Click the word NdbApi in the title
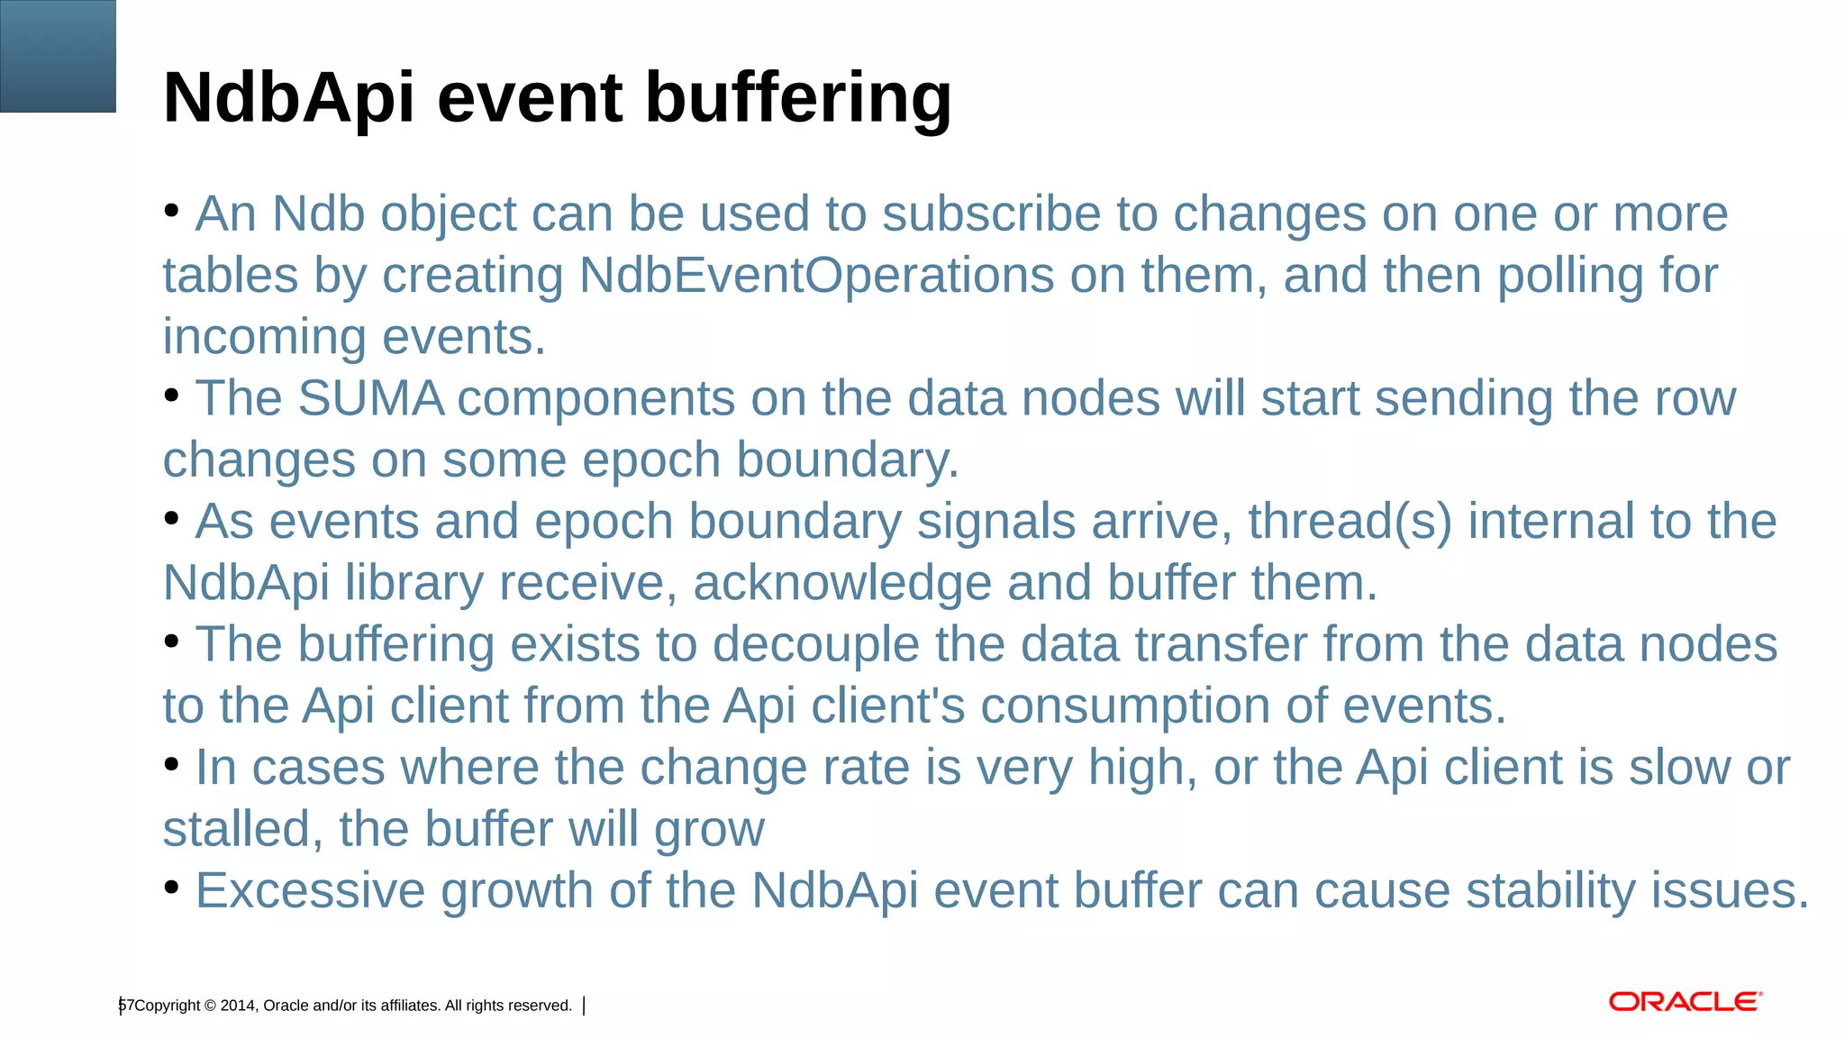click(x=288, y=97)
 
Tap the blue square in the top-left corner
click(x=58, y=56)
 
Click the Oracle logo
click(x=1685, y=1002)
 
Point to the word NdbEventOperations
click(x=816, y=275)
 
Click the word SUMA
click(x=370, y=398)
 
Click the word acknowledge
click(x=842, y=583)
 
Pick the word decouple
click(x=816, y=645)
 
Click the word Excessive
click(x=310, y=890)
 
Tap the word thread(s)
click(x=1350, y=522)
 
